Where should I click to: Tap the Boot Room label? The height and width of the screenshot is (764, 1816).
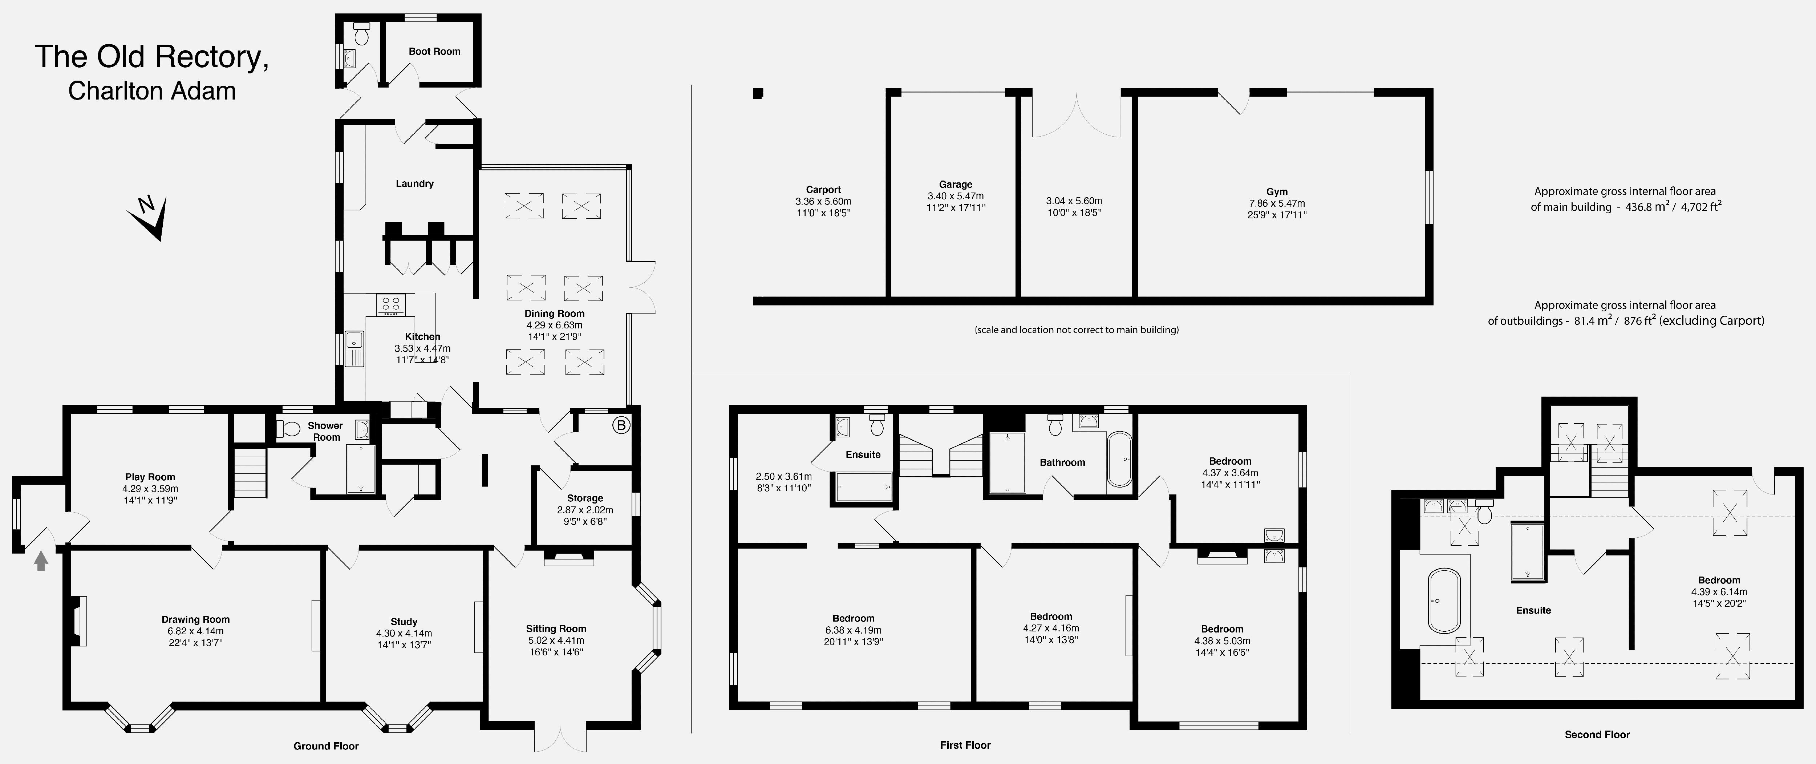(434, 52)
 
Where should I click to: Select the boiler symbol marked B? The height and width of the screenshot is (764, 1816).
(621, 425)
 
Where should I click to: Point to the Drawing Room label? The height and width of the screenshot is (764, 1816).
(195, 619)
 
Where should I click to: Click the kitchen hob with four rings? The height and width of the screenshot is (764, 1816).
(390, 304)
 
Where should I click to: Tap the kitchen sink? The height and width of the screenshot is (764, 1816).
(354, 348)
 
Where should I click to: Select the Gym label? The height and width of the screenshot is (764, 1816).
(1277, 191)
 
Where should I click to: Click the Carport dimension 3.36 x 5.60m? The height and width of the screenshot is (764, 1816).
(823, 201)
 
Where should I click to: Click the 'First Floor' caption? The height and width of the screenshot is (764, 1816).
(965, 745)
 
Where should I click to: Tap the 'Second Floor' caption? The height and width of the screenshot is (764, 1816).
(1597, 734)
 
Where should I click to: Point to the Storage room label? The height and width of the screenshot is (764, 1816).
(585, 498)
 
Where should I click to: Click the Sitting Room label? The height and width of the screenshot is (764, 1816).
(556, 628)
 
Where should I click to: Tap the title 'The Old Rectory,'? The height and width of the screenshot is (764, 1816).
(151, 56)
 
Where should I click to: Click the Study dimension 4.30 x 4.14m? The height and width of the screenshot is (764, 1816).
(404, 634)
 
